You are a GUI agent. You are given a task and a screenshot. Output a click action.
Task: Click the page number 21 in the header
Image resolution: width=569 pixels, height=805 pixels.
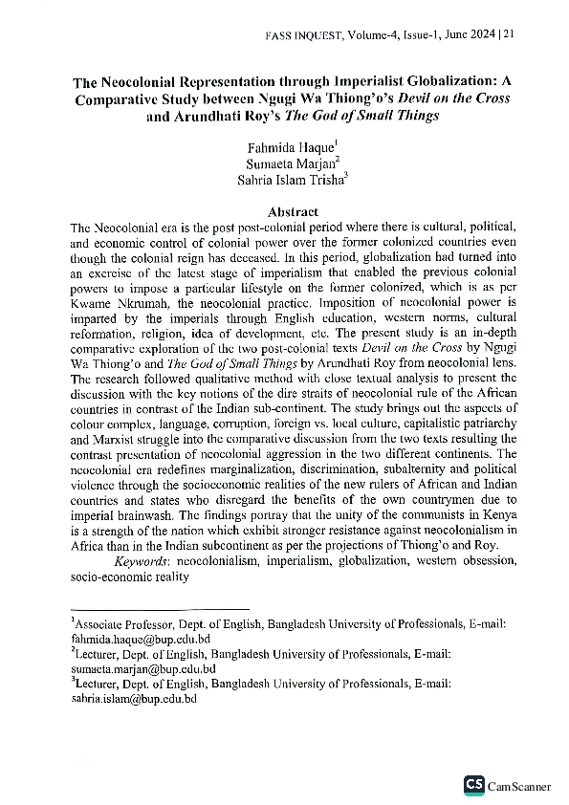(508, 34)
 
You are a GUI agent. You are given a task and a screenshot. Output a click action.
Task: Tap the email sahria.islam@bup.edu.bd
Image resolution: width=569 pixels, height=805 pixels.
(134, 699)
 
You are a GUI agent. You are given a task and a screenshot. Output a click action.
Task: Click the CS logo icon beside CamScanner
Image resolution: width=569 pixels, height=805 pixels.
(473, 785)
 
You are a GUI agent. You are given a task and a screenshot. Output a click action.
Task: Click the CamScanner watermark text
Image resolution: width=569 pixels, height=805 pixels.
(519, 786)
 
